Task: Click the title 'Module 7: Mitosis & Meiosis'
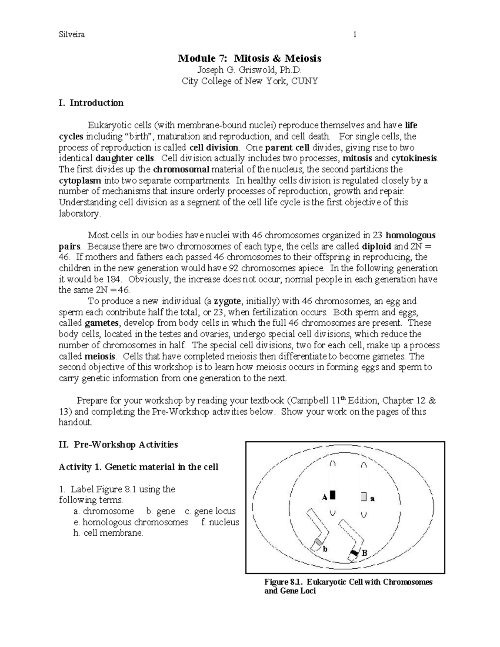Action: [x=250, y=58]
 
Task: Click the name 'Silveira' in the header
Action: [x=72, y=35]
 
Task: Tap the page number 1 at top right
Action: [x=355, y=35]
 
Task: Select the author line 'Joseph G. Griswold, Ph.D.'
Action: [x=250, y=70]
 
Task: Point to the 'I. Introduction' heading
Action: [x=91, y=103]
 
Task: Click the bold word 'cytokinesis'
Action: [x=414, y=158]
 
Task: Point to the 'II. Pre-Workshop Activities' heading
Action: [x=118, y=445]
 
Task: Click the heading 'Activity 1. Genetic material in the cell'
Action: [x=138, y=467]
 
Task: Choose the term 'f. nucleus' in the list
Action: [x=220, y=522]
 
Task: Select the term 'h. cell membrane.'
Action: [x=108, y=533]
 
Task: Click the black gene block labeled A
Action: [x=332, y=495]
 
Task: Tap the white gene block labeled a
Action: [x=364, y=497]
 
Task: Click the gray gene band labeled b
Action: [x=318, y=542]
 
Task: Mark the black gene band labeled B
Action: [x=354, y=553]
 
